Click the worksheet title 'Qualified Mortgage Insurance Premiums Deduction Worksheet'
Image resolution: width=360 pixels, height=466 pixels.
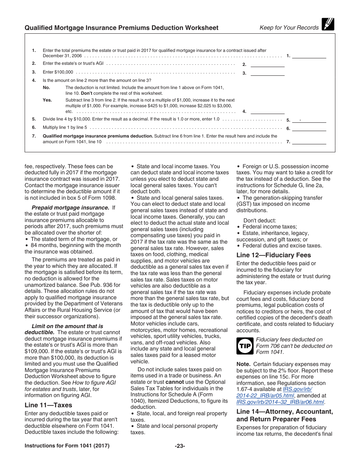[121, 28]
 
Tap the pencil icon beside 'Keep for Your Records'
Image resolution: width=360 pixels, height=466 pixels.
[328, 24]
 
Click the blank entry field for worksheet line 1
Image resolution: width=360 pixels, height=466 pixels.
[309, 55]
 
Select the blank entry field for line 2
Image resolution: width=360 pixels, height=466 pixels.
[268, 64]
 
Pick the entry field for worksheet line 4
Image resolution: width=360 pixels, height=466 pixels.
[268, 111]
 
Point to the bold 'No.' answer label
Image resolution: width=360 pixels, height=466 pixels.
[46, 88]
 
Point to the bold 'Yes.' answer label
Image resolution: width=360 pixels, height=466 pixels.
[47, 100]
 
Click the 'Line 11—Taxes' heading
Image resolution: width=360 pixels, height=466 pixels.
[48, 405]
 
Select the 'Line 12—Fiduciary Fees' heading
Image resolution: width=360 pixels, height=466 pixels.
[274, 255]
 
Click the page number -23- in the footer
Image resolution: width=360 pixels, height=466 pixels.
[180, 446]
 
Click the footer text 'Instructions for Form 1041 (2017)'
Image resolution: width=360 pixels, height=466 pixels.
[67, 446]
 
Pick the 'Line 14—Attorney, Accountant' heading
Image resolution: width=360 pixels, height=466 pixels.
[285, 411]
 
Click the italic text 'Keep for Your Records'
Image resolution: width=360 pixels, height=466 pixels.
[289, 28]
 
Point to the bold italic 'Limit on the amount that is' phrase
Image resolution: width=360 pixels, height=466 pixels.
[67, 326]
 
